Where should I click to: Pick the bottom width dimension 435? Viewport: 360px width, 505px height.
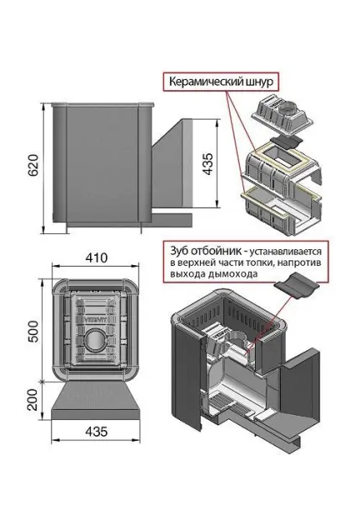pyautogui.click(x=93, y=456)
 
